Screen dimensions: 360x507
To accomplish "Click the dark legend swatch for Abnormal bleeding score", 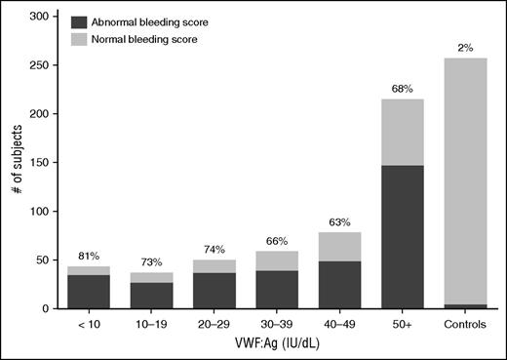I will (78, 20).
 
